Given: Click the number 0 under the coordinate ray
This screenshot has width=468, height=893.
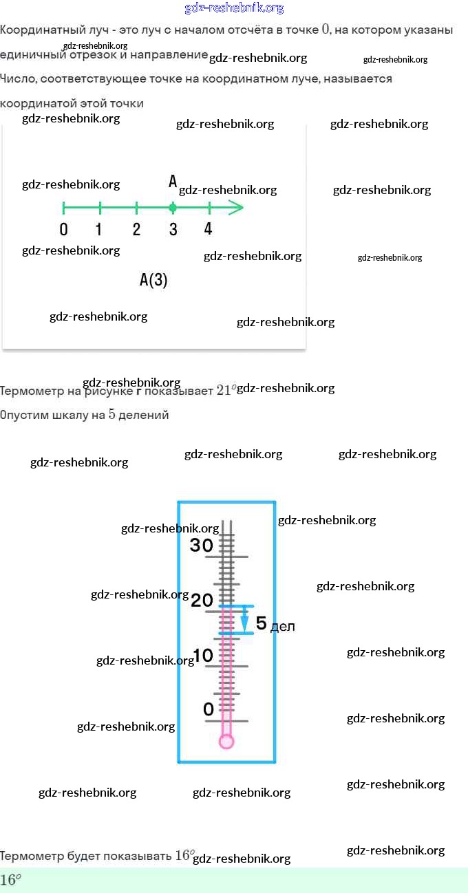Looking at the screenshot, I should (x=64, y=230).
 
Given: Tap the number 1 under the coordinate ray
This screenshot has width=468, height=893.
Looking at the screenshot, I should (x=99, y=230).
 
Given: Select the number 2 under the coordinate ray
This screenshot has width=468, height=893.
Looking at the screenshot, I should (x=136, y=230).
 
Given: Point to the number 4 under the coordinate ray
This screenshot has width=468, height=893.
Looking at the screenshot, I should (x=209, y=229).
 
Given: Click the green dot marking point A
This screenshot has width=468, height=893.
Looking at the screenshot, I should (x=173, y=208).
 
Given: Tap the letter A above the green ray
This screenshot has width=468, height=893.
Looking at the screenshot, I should (x=173, y=182).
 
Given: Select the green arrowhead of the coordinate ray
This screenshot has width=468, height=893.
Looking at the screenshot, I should (x=236, y=208).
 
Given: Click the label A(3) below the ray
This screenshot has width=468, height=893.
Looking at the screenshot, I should (x=153, y=280).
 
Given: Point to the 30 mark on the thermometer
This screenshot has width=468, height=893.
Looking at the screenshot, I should (x=202, y=546).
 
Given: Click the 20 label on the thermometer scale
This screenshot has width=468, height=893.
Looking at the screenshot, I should (x=202, y=601).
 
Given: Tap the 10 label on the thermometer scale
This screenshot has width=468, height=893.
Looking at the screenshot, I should (x=203, y=656).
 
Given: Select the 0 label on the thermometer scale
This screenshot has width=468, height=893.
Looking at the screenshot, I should (x=209, y=709).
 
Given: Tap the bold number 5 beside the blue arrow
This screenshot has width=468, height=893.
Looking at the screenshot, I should (x=261, y=623).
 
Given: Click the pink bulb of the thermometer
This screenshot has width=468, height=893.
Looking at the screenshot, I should (x=226, y=741).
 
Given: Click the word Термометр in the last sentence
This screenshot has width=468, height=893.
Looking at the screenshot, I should (x=31, y=857).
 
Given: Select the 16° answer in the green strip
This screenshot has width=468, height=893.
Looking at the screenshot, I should (x=10, y=880).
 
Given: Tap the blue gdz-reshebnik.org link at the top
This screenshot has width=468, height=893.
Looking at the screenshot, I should (x=234, y=8).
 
